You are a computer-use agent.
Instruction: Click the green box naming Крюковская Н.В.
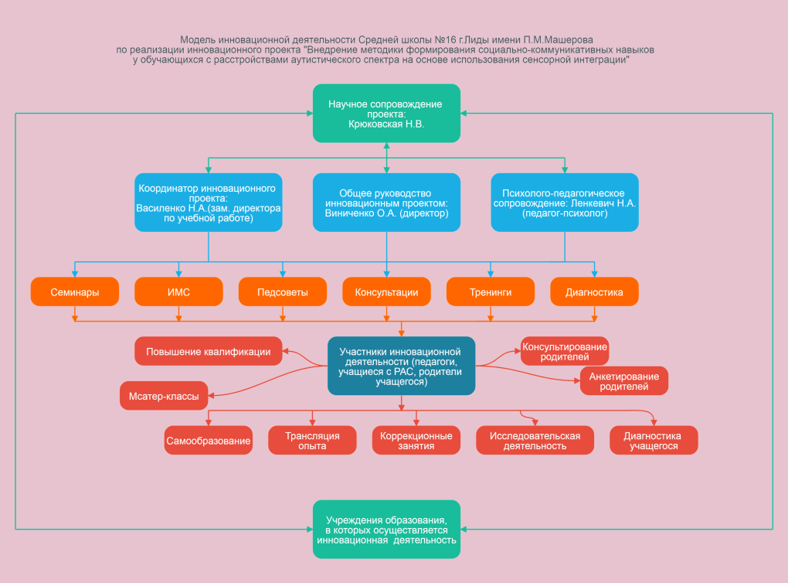pyautogui.click(x=386, y=113)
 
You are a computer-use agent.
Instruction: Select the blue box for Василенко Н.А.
pyautogui.click(x=209, y=203)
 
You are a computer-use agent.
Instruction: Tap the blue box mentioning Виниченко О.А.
pyautogui.click(x=386, y=203)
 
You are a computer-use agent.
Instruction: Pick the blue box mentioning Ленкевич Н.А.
pyautogui.click(x=565, y=203)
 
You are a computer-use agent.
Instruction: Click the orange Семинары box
pyautogui.click(x=75, y=291)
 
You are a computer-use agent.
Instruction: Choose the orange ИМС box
pyautogui.click(x=179, y=291)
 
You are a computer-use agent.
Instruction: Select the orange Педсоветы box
pyautogui.click(x=283, y=291)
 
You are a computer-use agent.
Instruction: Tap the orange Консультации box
pyautogui.click(x=386, y=291)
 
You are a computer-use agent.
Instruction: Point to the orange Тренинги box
pyautogui.click(x=491, y=291)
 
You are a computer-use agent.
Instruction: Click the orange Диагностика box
pyautogui.click(x=595, y=291)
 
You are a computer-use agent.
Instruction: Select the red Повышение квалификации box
pyautogui.click(x=209, y=351)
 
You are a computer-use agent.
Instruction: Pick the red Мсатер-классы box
pyautogui.click(x=164, y=396)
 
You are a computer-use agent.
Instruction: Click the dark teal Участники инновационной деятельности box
pyautogui.click(x=402, y=367)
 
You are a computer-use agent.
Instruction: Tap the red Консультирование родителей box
pyautogui.click(x=565, y=351)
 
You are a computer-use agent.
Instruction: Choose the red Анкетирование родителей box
pyautogui.click(x=624, y=380)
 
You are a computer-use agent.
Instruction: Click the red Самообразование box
pyautogui.click(x=209, y=441)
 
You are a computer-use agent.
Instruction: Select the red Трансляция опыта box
pyautogui.click(x=313, y=441)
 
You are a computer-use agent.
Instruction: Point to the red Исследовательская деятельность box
pyautogui.click(x=535, y=441)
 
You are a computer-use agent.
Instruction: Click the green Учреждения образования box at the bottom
pyautogui.click(x=386, y=529)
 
